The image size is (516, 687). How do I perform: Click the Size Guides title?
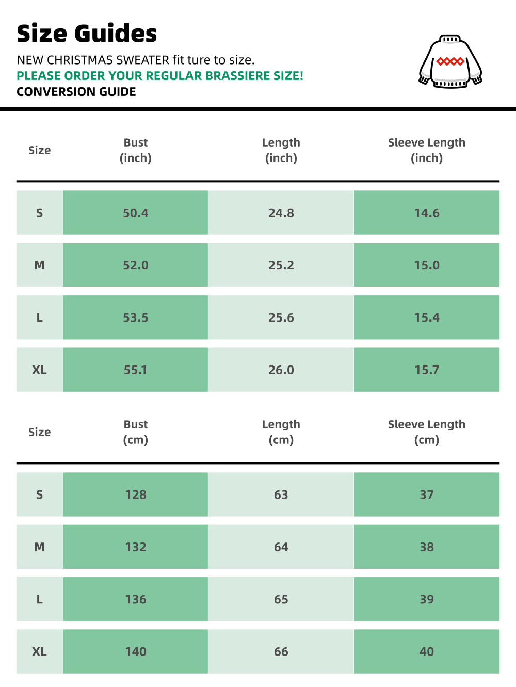click(x=87, y=34)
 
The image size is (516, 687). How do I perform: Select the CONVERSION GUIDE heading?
click(x=76, y=92)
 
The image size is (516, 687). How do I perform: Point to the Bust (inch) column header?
click(x=136, y=150)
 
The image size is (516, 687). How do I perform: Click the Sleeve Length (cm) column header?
click(x=426, y=432)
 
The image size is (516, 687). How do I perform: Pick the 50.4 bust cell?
click(x=136, y=213)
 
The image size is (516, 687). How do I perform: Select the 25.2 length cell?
click(x=281, y=265)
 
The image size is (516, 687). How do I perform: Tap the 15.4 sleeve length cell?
click(x=427, y=317)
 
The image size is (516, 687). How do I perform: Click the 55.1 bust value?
click(x=135, y=370)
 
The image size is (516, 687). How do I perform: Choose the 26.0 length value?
click(x=281, y=370)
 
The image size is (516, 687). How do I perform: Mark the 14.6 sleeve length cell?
click(x=427, y=213)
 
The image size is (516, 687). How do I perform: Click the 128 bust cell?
click(x=136, y=494)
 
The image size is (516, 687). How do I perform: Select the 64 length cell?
click(x=281, y=547)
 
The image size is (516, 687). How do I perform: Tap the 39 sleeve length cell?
click(x=427, y=599)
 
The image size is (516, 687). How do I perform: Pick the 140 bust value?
click(x=136, y=651)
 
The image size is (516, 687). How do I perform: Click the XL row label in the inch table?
click(x=39, y=370)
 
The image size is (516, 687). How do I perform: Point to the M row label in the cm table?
click(x=39, y=547)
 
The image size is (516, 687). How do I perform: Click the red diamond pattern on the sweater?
click(x=450, y=61)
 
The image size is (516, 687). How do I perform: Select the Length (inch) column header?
click(x=281, y=150)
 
